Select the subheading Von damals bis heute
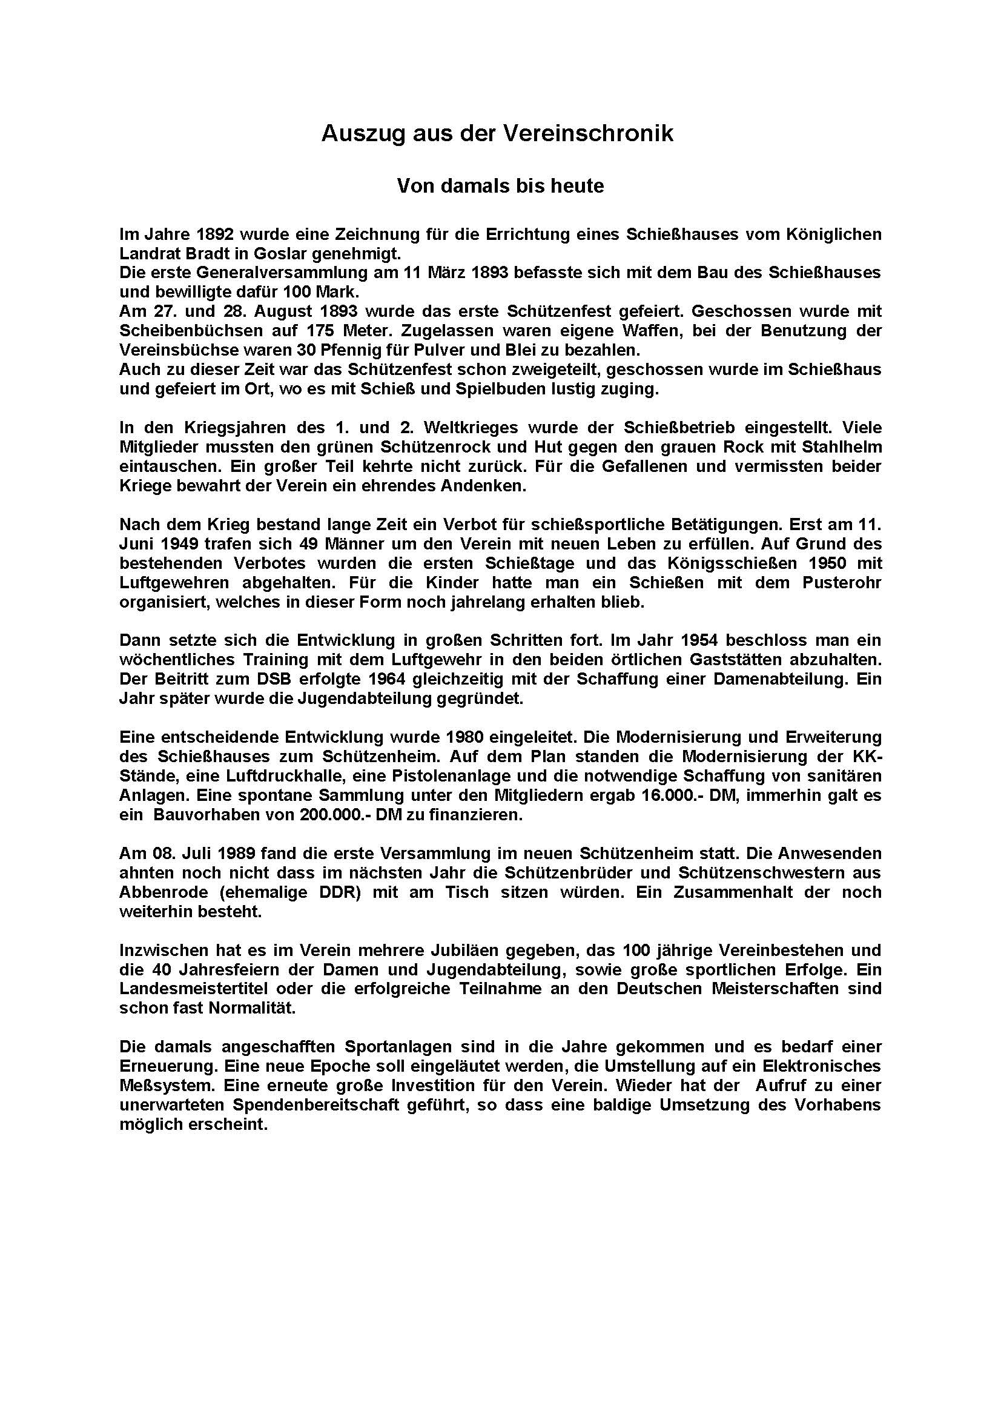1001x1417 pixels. [500, 186]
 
